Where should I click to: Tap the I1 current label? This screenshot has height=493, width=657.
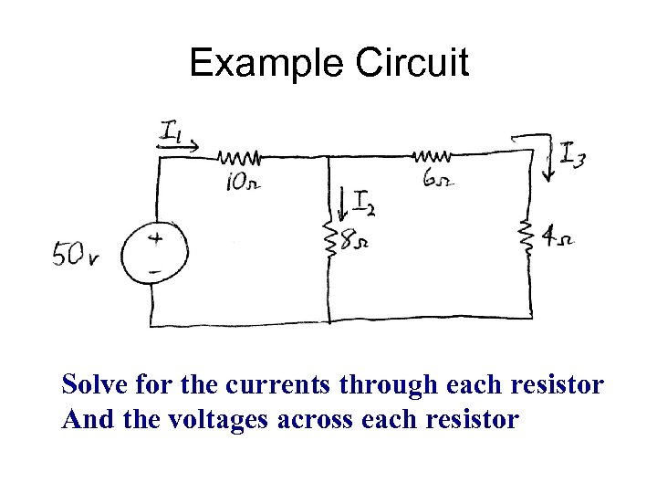(171, 132)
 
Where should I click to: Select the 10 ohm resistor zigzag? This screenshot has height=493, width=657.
(240, 157)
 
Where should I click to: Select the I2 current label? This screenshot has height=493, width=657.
(363, 203)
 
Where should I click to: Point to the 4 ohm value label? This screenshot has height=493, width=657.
(558, 240)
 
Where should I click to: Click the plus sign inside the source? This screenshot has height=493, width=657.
(155, 238)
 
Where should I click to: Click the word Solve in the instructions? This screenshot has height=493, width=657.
(92, 385)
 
